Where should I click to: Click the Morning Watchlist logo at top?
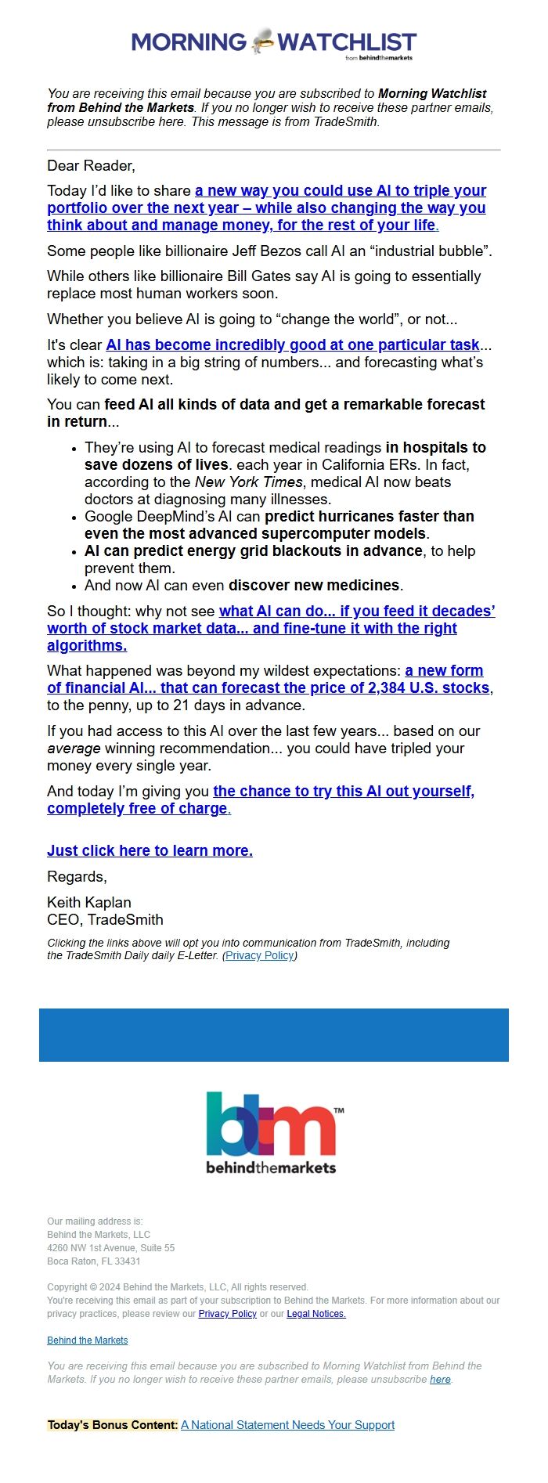pyautogui.click(x=273, y=42)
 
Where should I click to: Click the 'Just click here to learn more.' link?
pyautogui.click(x=150, y=850)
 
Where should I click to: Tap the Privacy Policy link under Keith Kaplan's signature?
pyautogui.click(x=259, y=955)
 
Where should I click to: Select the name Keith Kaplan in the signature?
pyautogui.click(x=89, y=902)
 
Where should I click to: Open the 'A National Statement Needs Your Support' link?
pyautogui.click(x=287, y=1425)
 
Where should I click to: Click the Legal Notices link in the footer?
pyautogui.click(x=316, y=1313)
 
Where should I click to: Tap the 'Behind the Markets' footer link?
pyautogui.click(x=87, y=1340)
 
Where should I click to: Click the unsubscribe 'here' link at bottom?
pyautogui.click(x=440, y=1379)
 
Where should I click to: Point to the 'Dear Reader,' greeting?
pyautogui.click(x=91, y=165)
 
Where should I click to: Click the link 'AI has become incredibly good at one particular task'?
pyautogui.click(x=292, y=345)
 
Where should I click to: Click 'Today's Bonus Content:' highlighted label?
pyautogui.click(x=113, y=1425)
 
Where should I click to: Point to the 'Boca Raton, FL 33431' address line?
pyautogui.click(x=94, y=1261)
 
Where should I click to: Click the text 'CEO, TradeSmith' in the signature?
pyautogui.click(x=105, y=919)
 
